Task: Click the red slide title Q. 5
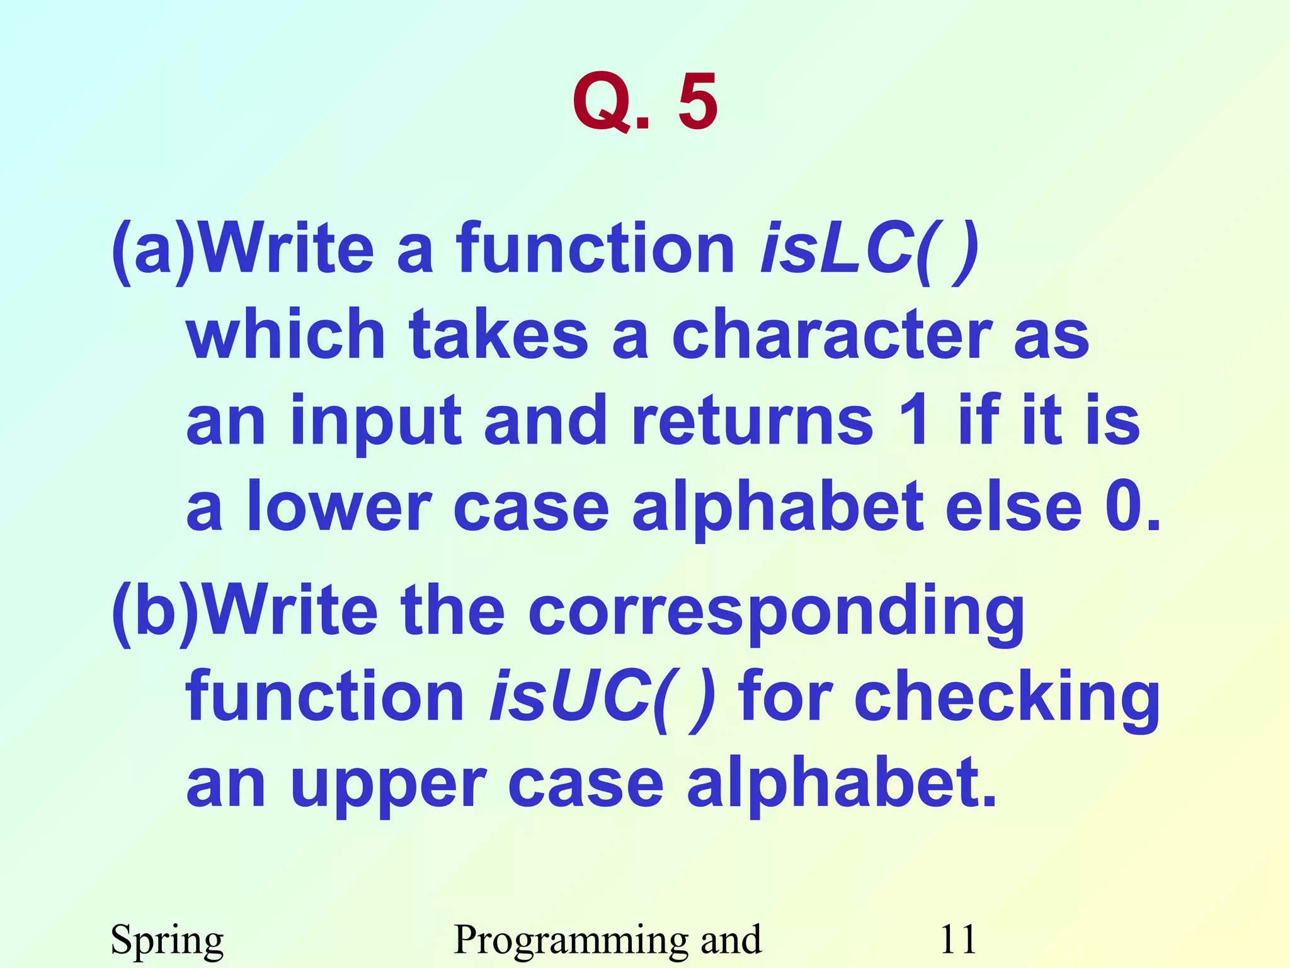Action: point(645,102)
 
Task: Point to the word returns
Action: point(752,420)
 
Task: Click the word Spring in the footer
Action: point(167,940)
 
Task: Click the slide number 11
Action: point(957,938)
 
